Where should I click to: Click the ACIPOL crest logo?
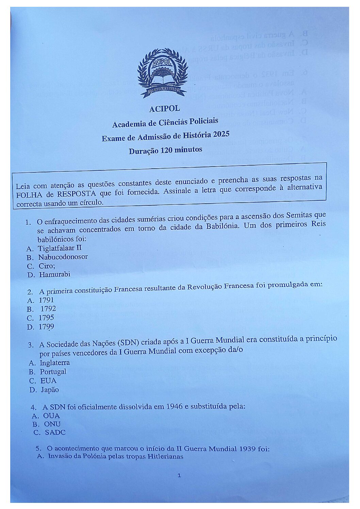coord(162,73)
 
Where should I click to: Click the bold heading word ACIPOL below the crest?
coord(164,109)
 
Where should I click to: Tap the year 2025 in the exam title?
coord(221,134)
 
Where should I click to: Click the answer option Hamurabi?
coord(54,274)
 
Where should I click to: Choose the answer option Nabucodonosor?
coord(63,257)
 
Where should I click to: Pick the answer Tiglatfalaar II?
coord(60,248)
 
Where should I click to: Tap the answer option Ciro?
coord(47,266)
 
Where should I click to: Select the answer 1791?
coord(46,300)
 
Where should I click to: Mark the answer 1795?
coord(47,318)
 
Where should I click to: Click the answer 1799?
coord(47,327)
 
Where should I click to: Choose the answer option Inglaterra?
coord(54,363)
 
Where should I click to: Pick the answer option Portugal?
coord(53,372)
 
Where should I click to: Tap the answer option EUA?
coord(48,381)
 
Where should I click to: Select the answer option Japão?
coord(50,390)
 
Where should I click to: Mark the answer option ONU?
coord(52,424)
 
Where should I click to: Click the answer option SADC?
coord(55,432)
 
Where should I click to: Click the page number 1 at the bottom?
coord(179,475)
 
